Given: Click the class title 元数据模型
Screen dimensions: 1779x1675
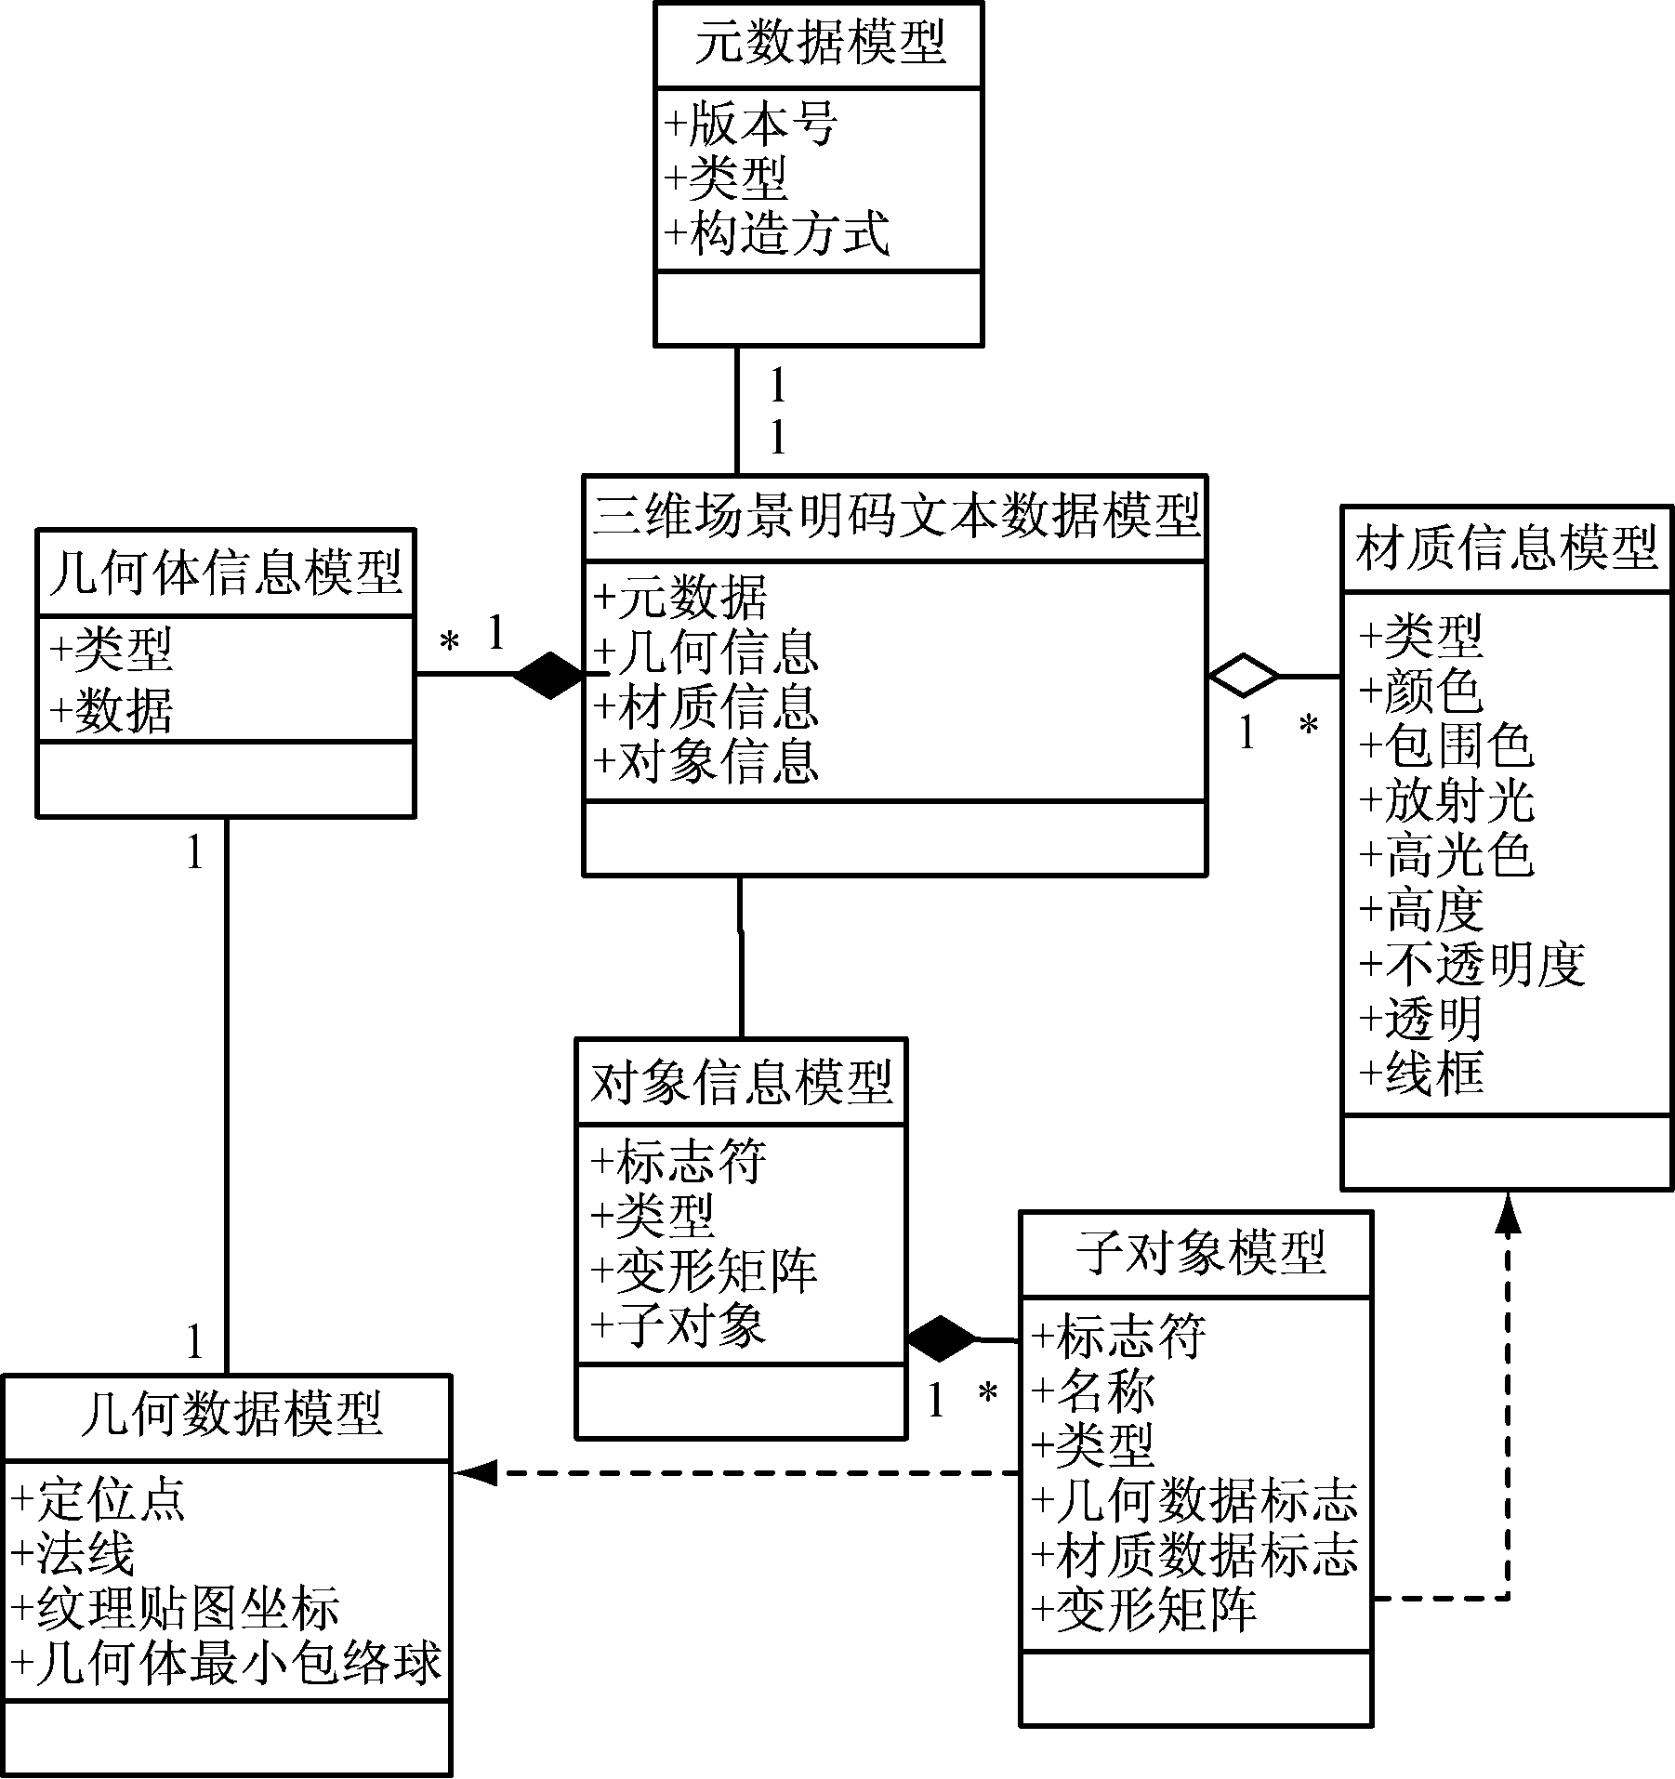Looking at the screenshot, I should pyautogui.click(x=819, y=44).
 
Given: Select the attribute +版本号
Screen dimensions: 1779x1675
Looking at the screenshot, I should pyautogui.click(x=751, y=125).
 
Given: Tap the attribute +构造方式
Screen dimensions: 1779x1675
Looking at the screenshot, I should pyautogui.click(x=777, y=233).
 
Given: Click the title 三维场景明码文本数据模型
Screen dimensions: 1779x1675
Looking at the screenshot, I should pyautogui.click(x=895, y=516).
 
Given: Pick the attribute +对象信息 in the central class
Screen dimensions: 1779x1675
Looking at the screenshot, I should pyautogui.click(x=706, y=761).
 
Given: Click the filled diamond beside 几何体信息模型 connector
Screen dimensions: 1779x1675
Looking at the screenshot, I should pyautogui.click(x=549, y=674).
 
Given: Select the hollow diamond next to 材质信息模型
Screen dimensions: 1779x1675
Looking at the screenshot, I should pyautogui.click(x=1244, y=676).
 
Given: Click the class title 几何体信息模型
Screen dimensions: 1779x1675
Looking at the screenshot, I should pyautogui.click(x=225, y=572).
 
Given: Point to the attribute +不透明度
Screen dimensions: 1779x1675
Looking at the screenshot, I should pyautogui.click(x=1471, y=964).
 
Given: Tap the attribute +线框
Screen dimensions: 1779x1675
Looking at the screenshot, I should pyautogui.click(x=1421, y=1073).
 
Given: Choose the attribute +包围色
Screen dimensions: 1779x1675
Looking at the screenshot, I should pyautogui.click(x=1445, y=745).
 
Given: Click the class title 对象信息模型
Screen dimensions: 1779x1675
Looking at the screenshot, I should pyautogui.click(x=741, y=1081).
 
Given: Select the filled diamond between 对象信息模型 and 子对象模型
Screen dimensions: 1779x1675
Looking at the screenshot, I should pyautogui.click(x=942, y=1339).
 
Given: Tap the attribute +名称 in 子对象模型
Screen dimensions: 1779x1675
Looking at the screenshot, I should pyautogui.click(x=1092, y=1391).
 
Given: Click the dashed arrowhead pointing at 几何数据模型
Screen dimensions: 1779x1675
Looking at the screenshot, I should pyautogui.click(x=473, y=1472).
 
